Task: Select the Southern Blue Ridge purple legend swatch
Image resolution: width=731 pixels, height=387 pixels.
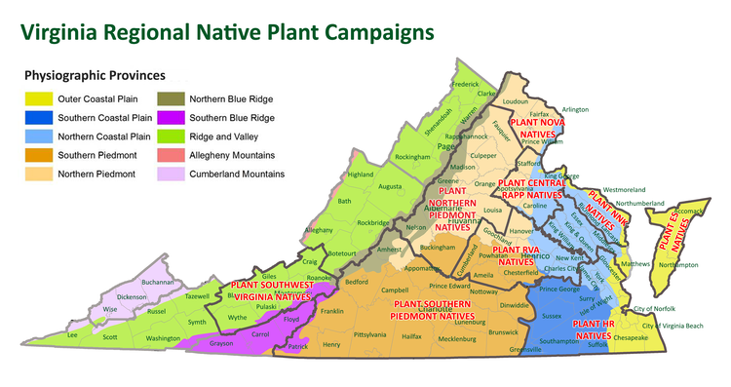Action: pos(172,118)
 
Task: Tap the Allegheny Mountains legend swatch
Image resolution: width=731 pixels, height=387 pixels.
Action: pos(172,155)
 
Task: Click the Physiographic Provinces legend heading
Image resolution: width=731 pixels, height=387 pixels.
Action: pos(96,75)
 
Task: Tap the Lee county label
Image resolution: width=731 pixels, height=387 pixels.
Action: pos(71,334)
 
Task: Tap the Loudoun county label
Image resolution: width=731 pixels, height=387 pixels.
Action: pos(515,100)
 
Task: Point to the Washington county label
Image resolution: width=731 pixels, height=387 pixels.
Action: pos(164,337)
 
